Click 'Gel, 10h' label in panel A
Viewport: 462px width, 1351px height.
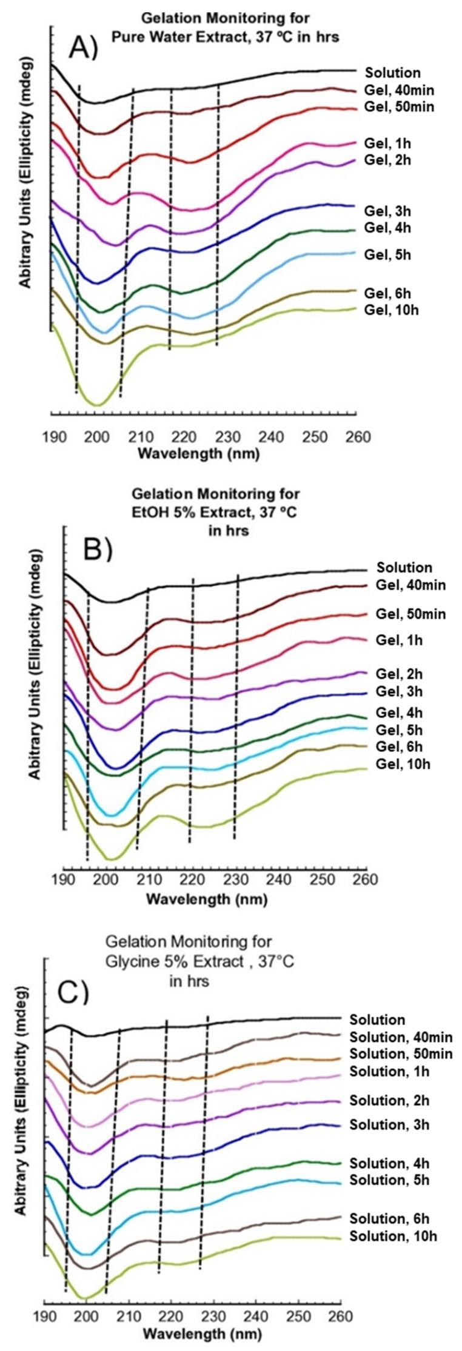click(392, 310)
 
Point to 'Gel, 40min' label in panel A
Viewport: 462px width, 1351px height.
click(398, 91)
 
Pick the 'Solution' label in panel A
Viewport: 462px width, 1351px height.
click(392, 73)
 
